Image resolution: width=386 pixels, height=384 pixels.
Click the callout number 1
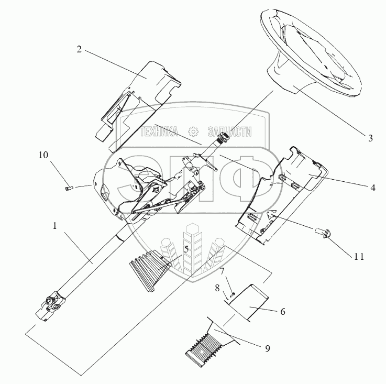click(x=55, y=226)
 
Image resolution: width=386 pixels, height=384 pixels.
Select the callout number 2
click(x=79, y=49)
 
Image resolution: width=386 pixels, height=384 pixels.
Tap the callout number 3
click(x=370, y=138)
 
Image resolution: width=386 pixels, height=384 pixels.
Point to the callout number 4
click(x=373, y=188)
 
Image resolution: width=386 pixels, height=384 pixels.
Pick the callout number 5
click(x=186, y=249)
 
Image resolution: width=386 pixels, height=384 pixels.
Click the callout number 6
click(x=283, y=312)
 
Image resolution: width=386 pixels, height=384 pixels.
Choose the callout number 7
click(x=222, y=271)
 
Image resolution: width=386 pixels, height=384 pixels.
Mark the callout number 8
click(x=217, y=288)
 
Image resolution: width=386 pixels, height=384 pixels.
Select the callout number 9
click(x=268, y=348)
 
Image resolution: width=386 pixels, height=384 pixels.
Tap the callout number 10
click(x=43, y=155)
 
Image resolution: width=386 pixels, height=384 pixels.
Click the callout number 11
click(x=359, y=257)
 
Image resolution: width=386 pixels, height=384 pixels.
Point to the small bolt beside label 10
click(x=69, y=189)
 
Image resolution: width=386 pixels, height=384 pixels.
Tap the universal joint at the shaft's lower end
click(x=51, y=305)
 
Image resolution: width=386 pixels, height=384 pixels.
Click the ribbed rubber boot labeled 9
click(x=211, y=341)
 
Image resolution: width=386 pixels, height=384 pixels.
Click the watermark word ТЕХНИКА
click(x=159, y=132)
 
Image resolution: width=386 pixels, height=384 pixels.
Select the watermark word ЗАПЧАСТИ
click(x=230, y=132)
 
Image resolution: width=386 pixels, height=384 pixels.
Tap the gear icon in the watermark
click(x=193, y=132)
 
